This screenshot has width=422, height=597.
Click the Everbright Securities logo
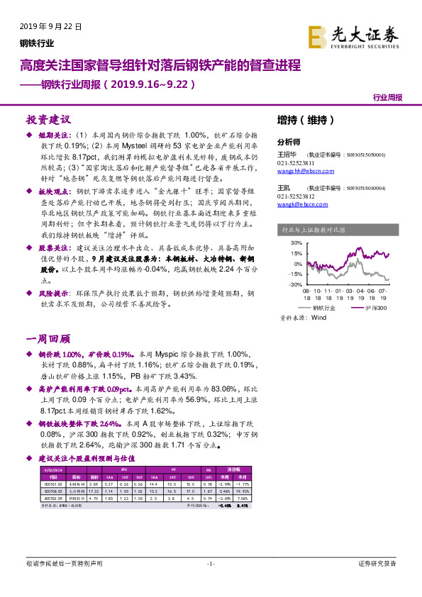[353, 35]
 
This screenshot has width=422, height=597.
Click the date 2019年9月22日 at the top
[50, 26]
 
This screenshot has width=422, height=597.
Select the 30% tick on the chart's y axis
[296, 243]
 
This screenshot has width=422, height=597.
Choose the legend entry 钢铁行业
[327, 308]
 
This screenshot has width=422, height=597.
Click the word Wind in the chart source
[318, 318]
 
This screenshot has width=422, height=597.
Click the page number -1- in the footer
[210, 563]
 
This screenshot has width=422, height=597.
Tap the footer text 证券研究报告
[377, 563]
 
